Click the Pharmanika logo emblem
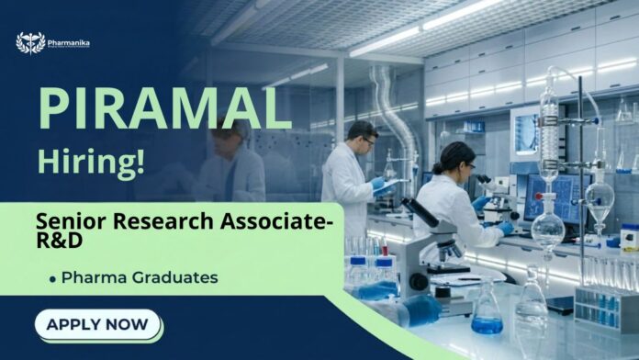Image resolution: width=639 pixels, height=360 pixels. point(30,43)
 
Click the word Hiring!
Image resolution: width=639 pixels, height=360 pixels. point(91,162)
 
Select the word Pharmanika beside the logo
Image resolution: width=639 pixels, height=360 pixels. point(72,42)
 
